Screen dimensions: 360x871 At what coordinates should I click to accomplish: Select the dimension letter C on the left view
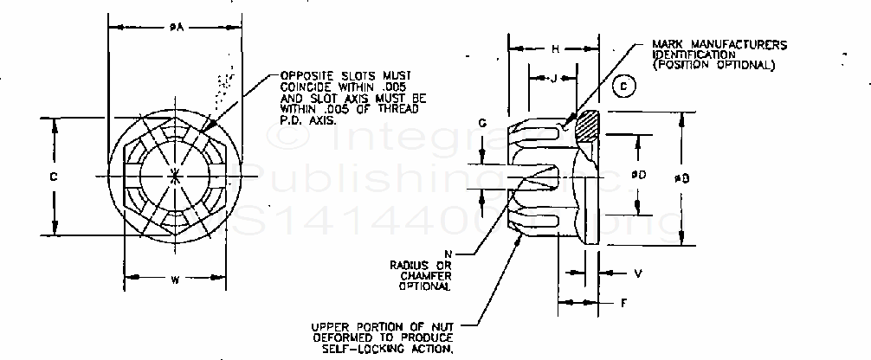click(53, 176)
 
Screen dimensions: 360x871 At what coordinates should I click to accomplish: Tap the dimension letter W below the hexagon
click(175, 279)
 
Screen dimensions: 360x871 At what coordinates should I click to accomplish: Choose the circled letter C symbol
click(623, 85)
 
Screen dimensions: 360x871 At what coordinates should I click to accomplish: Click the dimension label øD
click(638, 176)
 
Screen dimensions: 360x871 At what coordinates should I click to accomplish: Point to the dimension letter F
click(624, 303)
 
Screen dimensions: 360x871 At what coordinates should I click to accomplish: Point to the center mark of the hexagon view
click(176, 177)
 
